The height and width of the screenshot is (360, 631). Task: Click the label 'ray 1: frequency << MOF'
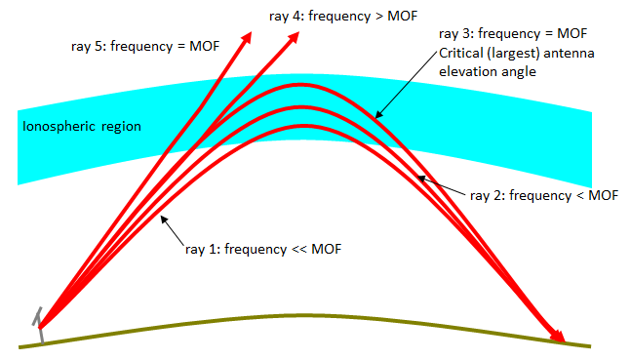click(x=262, y=249)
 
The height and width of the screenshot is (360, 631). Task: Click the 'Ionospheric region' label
click(x=83, y=127)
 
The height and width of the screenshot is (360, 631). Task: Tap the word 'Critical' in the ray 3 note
click(x=461, y=52)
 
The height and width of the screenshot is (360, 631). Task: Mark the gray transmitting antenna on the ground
click(x=39, y=325)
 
